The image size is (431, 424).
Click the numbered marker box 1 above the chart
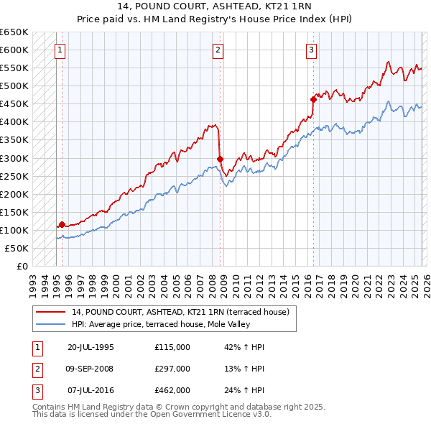coord(60,50)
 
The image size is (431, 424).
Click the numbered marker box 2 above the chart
coord(218,50)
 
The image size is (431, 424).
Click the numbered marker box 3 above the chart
coord(311,50)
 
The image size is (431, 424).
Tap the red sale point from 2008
coord(220,159)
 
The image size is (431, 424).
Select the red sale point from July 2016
coord(313,99)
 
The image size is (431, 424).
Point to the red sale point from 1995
coord(62,224)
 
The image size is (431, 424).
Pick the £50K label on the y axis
coord(17,249)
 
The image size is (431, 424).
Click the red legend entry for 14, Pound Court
coord(180,312)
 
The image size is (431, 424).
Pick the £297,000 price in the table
coord(172,369)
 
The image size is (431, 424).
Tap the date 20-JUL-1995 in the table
coord(91,347)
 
